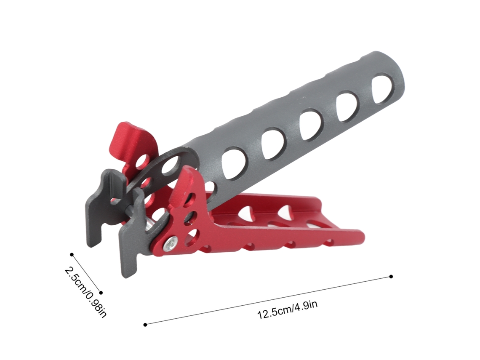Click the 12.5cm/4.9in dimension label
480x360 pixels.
(x=287, y=310)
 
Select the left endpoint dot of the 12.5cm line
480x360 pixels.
(x=145, y=325)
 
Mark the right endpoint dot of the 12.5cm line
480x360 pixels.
(x=391, y=277)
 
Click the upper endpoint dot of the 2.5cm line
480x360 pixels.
(x=72, y=254)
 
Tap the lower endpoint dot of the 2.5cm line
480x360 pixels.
(x=101, y=293)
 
